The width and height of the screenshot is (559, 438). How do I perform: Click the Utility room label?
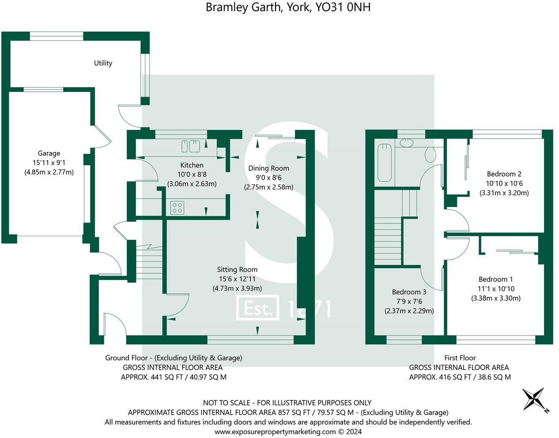103,63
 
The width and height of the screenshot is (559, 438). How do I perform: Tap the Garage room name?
49,153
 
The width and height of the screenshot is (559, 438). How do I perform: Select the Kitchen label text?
192,165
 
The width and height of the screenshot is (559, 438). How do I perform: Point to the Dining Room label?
268,168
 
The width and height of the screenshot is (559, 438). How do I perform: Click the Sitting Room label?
237,269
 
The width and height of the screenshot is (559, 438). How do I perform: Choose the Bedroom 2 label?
504,174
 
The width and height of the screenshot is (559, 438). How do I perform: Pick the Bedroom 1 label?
495,279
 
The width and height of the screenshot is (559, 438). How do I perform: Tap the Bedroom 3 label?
409,292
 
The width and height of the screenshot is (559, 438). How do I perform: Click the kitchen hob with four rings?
177,208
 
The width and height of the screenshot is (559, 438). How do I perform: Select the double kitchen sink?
190,146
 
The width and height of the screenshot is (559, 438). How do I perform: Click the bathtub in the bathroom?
385,162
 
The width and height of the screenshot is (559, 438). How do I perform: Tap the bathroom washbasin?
406,142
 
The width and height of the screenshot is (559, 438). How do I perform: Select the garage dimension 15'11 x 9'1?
49,162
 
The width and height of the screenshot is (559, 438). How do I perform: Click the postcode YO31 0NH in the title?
343,8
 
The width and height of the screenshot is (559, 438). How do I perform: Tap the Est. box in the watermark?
258,308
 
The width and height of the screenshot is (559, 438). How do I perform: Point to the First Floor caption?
460,358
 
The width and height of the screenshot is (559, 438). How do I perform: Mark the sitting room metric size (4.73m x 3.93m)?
237,288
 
